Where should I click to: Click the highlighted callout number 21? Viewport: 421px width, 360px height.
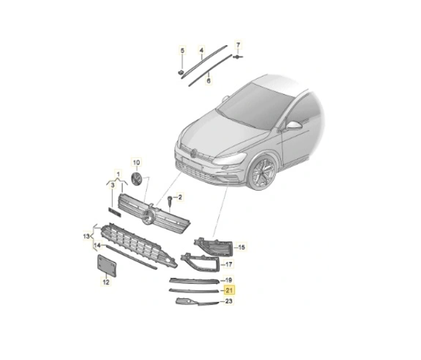pos(229,291)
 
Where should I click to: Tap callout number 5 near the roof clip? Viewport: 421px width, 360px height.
pos(182,51)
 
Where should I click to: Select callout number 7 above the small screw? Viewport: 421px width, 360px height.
pos(238,45)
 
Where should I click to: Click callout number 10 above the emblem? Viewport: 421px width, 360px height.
pos(136,162)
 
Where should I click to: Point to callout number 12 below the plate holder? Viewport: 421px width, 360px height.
pos(106,282)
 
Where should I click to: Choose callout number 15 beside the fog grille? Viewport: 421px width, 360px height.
pos(242,247)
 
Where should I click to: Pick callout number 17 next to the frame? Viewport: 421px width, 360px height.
pos(228,265)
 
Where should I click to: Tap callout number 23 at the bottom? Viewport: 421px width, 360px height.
pos(228,301)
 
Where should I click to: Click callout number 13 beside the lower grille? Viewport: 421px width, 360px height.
pos(86,237)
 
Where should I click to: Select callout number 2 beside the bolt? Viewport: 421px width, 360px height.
pos(180,197)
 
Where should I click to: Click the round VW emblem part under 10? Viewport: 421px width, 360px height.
pos(137,179)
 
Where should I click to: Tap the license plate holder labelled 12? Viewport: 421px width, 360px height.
pos(106,265)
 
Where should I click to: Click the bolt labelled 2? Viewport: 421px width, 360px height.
pos(170,201)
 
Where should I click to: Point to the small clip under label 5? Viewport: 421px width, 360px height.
pos(181,72)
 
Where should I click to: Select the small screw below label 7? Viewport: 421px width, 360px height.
pos(238,57)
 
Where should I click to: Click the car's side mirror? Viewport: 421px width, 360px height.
pos(294,125)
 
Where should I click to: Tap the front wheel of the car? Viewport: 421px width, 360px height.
pos(262,173)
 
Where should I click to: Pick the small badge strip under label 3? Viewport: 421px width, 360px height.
pos(115,211)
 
